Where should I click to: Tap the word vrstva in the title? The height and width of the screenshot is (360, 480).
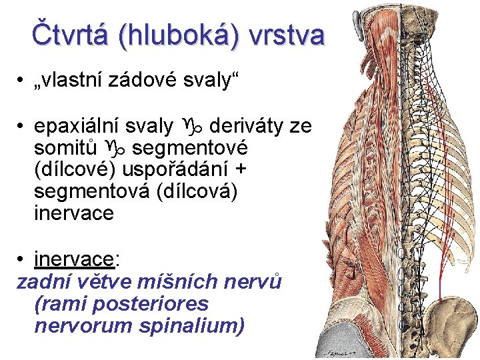coord(287,34)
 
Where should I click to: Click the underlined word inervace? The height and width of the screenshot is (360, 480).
coord(73,258)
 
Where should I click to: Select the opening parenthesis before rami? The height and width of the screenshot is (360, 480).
coord(36,304)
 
